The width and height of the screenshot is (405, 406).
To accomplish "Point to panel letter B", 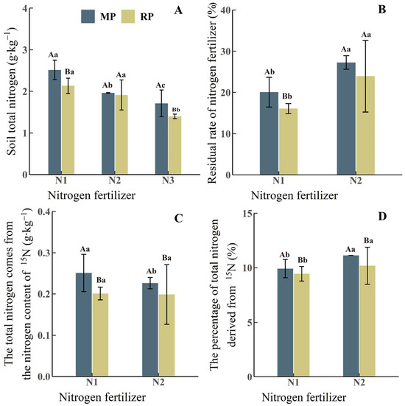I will coord(382,10).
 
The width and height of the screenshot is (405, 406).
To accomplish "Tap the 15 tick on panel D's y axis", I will coord(230,213).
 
